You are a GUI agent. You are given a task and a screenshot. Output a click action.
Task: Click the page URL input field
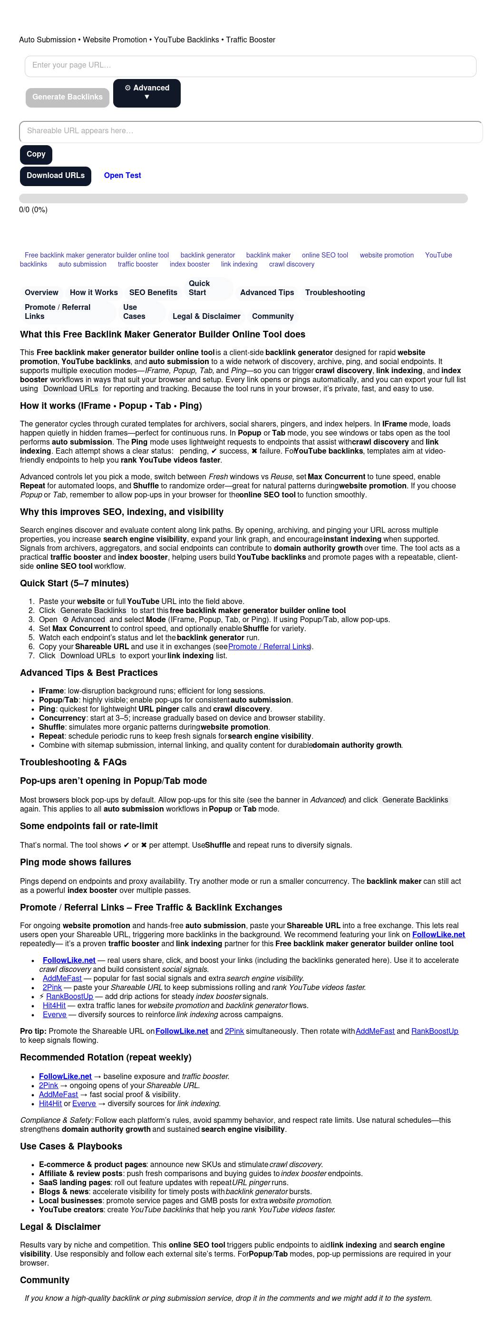250,66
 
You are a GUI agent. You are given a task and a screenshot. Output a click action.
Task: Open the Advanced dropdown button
147,93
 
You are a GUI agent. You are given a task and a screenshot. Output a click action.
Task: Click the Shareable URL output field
251,131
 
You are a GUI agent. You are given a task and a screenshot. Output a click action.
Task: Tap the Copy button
36,154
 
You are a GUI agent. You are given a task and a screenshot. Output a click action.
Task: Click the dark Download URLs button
56,176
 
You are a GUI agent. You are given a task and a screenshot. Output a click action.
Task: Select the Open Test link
122,176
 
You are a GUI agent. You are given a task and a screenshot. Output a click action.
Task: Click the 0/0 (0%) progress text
33,210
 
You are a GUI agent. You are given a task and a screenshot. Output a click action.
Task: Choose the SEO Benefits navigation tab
153,293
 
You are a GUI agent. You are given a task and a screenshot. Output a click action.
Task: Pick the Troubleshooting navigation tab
334,293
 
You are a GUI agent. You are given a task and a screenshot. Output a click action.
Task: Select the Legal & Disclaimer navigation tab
206,317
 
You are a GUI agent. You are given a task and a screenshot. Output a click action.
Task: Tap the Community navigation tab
273,317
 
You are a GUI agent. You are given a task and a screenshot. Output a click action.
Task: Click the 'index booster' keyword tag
189,264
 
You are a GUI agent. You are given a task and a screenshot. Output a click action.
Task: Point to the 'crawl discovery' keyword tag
292,264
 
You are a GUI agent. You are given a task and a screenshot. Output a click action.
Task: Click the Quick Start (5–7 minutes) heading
74,584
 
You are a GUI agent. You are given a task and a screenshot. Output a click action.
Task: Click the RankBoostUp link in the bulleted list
69,997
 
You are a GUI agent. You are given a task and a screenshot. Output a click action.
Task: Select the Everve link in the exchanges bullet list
55,1015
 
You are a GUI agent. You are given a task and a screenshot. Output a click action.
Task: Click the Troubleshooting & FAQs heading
73,763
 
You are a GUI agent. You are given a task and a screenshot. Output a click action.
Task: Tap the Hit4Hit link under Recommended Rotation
50,1104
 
